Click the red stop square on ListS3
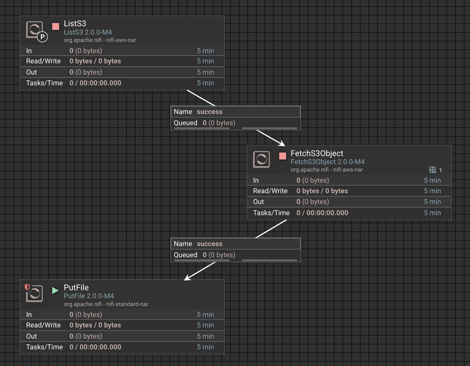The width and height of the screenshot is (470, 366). (x=56, y=26)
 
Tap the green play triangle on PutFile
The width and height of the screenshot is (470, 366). (x=55, y=290)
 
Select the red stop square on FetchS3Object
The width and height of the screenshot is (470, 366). (x=282, y=156)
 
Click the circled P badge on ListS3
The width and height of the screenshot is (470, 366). (x=42, y=37)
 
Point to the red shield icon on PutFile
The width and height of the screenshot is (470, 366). (x=27, y=287)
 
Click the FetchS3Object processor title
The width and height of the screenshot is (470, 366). (x=317, y=153)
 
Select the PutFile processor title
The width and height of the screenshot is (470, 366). (x=76, y=287)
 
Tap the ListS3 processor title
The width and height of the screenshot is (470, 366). (x=75, y=24)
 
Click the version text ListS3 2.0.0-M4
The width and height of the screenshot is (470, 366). (x=88, y=32)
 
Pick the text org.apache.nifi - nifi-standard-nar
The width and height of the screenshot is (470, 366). (x=106, y=304)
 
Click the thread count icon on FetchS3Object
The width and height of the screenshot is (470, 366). (x=432, y=170)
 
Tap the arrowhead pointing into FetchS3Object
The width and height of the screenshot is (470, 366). (x=281, y=143)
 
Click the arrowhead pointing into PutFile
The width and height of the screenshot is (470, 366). (x=187, y=278)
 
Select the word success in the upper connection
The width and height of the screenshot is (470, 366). (x=209, y=112)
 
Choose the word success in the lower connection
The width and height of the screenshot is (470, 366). (x=209, y=244)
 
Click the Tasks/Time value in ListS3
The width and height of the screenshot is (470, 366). (x=96, y=83)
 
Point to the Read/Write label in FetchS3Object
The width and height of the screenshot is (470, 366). (x=270, y=191)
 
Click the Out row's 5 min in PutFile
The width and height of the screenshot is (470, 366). (x=205, y=336)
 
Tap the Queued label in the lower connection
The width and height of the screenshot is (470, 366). (x=185, y=255)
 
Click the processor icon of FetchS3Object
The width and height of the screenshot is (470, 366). (x=261, y=159)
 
